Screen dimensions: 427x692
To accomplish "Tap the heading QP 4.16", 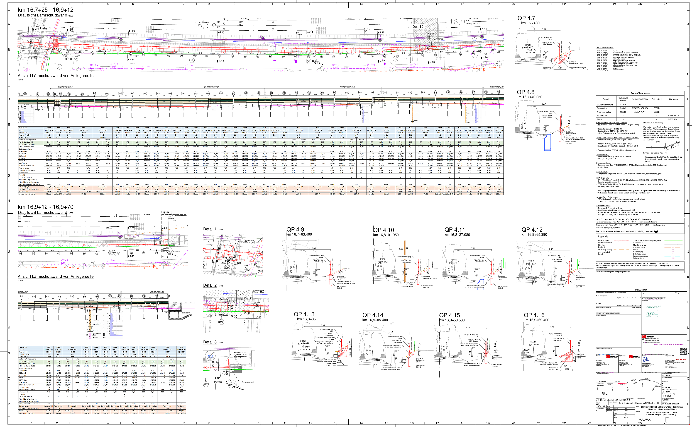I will coord(534,315).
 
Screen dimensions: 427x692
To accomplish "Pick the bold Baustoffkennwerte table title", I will coord(640,93).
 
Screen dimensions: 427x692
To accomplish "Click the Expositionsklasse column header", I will coord(640,99).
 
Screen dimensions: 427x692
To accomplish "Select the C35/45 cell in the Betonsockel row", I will coord(623,108).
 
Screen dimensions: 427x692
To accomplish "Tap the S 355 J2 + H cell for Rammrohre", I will coord(674,116).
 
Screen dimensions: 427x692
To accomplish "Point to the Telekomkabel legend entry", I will coord(639,258).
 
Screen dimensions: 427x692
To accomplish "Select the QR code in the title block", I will coord(684,351).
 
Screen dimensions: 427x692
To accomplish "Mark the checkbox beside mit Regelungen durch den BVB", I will coord(643,340).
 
